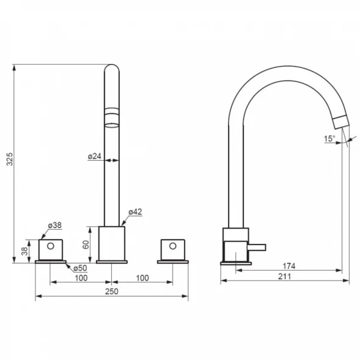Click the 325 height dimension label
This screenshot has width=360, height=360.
[10, 159]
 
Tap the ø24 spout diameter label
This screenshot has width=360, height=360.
[94, 156]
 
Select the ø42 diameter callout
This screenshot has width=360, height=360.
[135, 212]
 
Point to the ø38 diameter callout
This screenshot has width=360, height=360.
[55, 226]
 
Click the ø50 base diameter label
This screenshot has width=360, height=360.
[80, 268]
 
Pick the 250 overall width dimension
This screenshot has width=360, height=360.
[112, 292]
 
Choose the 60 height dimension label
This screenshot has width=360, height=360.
[86, 244]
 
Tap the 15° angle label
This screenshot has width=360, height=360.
[329, 139]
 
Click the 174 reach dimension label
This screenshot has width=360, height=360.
[289, 266]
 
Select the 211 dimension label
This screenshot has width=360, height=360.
[285, 276]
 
